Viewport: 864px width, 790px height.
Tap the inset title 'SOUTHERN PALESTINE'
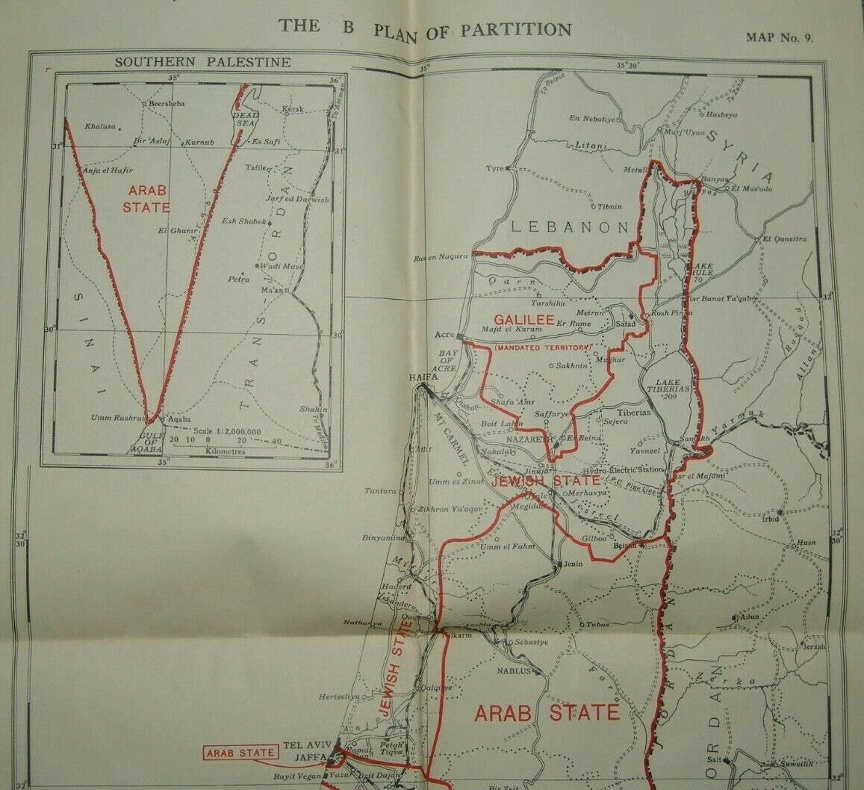[202, 62]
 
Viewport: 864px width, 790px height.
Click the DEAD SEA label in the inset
[244, 119]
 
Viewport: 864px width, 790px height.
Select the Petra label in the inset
[239, 279]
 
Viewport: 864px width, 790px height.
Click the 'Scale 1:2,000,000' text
[226, 431]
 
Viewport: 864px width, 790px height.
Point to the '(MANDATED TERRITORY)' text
[542, 348]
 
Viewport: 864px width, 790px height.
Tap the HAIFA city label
[423, 377]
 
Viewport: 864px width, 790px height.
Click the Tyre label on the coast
[495, 168]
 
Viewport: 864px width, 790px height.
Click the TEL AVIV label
[304, 746]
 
